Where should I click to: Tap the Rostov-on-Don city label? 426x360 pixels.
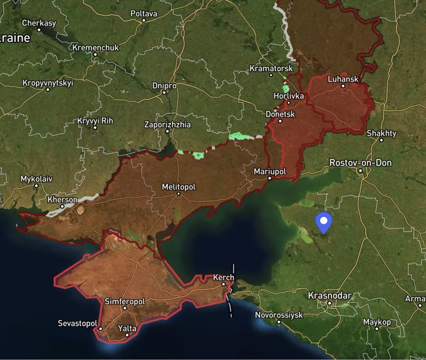coord(360,163)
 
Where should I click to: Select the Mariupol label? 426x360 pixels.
coord(269,171)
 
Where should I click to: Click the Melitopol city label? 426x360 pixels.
coord(179,187)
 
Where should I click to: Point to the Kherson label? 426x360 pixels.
coord(63,199)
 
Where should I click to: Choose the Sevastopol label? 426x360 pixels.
coord(78,323)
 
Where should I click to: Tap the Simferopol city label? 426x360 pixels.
coord(125,302)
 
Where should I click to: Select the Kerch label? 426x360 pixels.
coord(224,277)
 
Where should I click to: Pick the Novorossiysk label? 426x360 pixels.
coord(279,314)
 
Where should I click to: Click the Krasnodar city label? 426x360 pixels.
coord(330,295)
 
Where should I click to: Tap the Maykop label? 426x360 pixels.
coord(377,322)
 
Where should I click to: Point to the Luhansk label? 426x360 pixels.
coord(343,79)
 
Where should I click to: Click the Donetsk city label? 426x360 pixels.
coord(280,115)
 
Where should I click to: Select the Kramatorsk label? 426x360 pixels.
coord(271,68)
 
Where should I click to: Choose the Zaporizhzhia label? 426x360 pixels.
coord(167,125)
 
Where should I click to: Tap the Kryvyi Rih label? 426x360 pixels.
coord(95,120)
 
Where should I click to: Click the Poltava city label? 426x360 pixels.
coord(143,13)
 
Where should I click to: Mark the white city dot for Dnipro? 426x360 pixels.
coord(164,92)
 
